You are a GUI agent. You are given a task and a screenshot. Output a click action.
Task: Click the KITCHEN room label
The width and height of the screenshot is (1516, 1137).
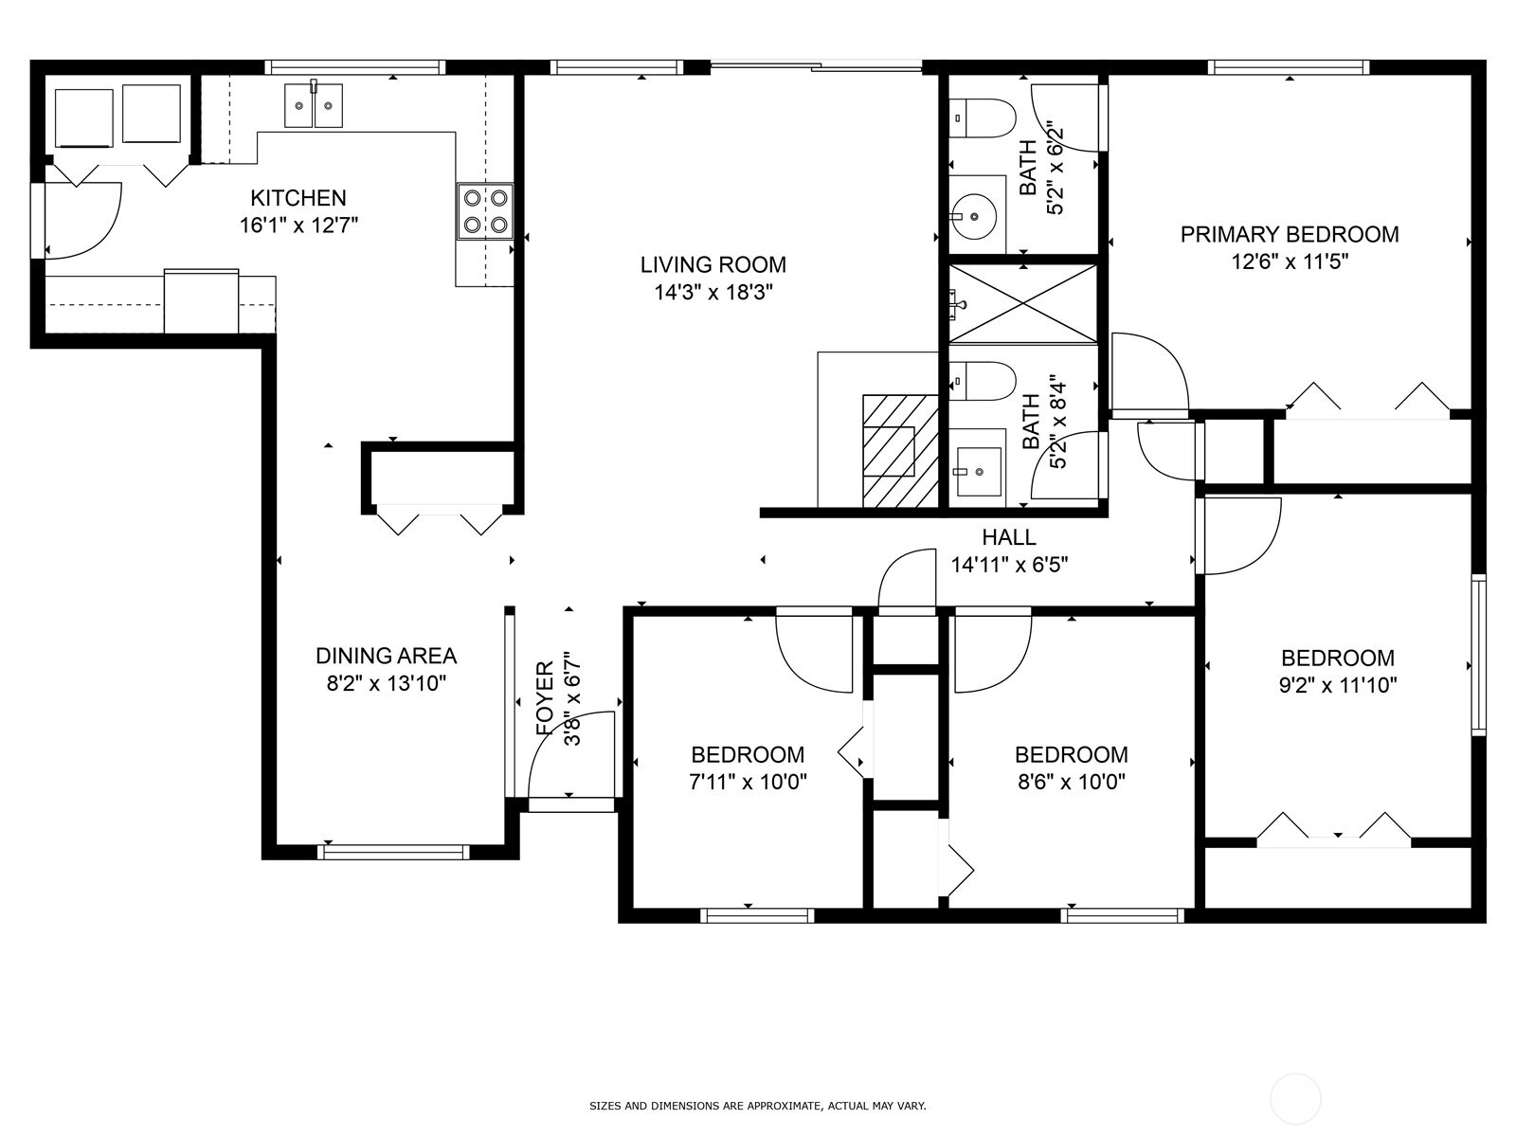click(x=298, y=198)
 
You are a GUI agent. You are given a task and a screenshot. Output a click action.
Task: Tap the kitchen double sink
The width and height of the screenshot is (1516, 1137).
click(x=314, y=104)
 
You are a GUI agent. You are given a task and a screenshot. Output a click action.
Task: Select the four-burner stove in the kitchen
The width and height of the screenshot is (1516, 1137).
click(x=484, y=211)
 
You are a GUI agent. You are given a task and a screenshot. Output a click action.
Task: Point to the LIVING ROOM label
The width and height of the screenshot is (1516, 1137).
click(x=713, y=264)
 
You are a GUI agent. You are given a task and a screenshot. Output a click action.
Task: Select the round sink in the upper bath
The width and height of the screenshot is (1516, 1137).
click(x=974, y=215)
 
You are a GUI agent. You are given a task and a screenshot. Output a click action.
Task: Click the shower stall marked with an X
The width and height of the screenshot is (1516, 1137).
click(x=1023, y=303)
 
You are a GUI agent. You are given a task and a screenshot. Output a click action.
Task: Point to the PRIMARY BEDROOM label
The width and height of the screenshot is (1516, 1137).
click(x=1289, y=234)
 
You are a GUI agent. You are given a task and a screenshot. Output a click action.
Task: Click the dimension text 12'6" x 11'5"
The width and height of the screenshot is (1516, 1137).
click(x=1289, y=262)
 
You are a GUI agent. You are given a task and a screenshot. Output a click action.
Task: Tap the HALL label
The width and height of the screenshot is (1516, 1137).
click(x=1009, y=537)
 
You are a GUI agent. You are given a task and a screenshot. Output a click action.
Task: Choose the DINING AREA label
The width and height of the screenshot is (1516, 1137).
click(x=386, y=656)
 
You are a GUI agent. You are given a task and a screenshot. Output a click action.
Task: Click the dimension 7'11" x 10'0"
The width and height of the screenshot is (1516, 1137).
click(x=748, y=783)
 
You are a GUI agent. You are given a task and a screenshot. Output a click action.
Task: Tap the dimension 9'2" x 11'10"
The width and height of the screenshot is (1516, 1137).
click(x=1337, y=685)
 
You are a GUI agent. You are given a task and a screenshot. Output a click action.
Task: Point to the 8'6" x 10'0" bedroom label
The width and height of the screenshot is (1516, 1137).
click(x=1071, y=755)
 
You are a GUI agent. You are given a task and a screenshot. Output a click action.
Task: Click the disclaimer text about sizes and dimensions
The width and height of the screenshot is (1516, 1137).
click(x=757, y=1106)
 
